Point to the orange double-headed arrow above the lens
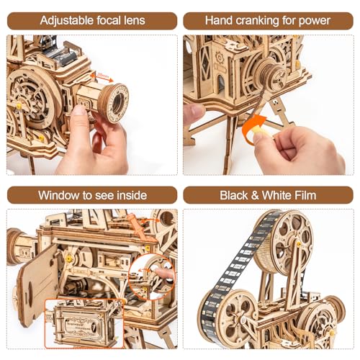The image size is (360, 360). [x=103, y=75]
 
